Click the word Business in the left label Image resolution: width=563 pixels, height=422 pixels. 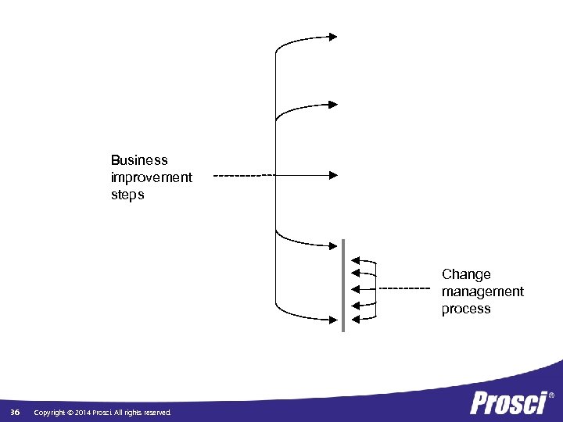(x=139, y=160)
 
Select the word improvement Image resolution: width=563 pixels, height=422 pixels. (x=152, y=177)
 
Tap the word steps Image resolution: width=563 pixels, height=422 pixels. (x=127, y=195)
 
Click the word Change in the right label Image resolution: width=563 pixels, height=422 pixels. (x=466, y=274)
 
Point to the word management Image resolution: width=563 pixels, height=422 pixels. (x=482, y=291)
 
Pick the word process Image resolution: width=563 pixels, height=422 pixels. (x=466, y=309)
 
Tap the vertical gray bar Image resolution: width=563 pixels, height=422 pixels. (x=343, y=285)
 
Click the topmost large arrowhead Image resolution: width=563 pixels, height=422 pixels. (x=333, y=36)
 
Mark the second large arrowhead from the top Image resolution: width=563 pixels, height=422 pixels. (x=333, y=104)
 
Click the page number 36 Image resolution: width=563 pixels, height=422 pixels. (x=15, y=412)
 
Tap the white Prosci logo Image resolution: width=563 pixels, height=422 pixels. (x=508, y=403)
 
